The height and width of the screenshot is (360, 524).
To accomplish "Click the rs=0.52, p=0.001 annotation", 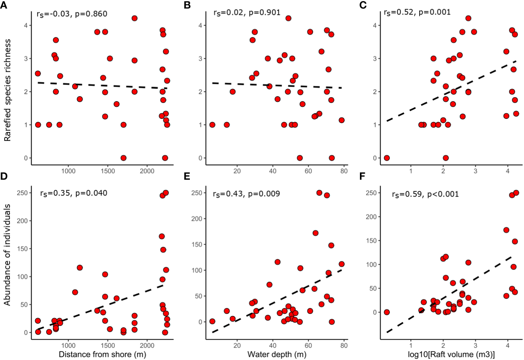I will pos(417,13).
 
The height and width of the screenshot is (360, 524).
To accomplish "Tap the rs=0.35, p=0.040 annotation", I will pos(73,193).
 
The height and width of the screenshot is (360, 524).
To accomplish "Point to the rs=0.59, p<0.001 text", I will pos(425,194).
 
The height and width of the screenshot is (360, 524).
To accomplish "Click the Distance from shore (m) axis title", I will pos(102,354).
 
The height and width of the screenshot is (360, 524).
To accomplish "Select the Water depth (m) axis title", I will pos(277,354).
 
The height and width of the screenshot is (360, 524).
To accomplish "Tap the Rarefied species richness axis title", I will pos(8,90).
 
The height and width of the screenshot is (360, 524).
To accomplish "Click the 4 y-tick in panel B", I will pos(200,25).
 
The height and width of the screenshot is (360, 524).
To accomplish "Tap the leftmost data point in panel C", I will pos(386,158).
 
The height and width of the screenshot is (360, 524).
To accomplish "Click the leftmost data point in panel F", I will pos(386,312).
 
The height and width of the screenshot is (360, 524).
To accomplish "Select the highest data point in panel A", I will pos(134,18).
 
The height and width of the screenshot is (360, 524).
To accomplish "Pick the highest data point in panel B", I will pos(288,18).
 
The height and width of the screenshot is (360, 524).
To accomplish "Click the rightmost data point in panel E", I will pos(341,264).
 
